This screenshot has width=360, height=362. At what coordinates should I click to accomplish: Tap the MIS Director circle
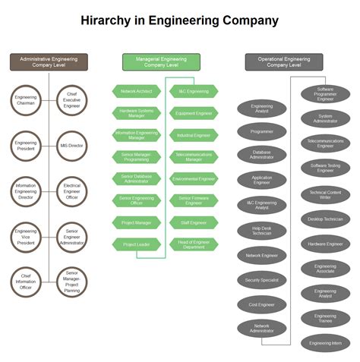point(71,144)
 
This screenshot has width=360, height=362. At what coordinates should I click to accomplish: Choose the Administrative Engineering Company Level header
point(49,62)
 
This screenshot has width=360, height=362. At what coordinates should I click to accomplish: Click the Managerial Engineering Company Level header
point(161,62)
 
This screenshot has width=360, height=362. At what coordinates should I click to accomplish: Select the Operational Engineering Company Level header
point(273,62)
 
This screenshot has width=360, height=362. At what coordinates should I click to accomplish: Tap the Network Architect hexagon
point(137,92)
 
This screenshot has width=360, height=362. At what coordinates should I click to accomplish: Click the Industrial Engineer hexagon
point(194,135)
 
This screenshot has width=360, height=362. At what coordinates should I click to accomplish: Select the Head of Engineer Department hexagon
point(194,244)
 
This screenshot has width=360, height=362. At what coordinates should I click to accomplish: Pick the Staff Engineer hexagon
point(194,222)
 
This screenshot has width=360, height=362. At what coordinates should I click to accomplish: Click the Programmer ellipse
point(262,131)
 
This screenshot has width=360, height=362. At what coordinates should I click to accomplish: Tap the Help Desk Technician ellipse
point(262,231)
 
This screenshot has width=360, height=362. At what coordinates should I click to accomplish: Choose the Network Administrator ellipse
point(262,329)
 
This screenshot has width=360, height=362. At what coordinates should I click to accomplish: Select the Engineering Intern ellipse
point(325,343)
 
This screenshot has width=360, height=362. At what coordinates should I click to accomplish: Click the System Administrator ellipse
point(325,118)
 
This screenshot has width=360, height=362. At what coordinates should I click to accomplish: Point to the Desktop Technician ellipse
point(325,219)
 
